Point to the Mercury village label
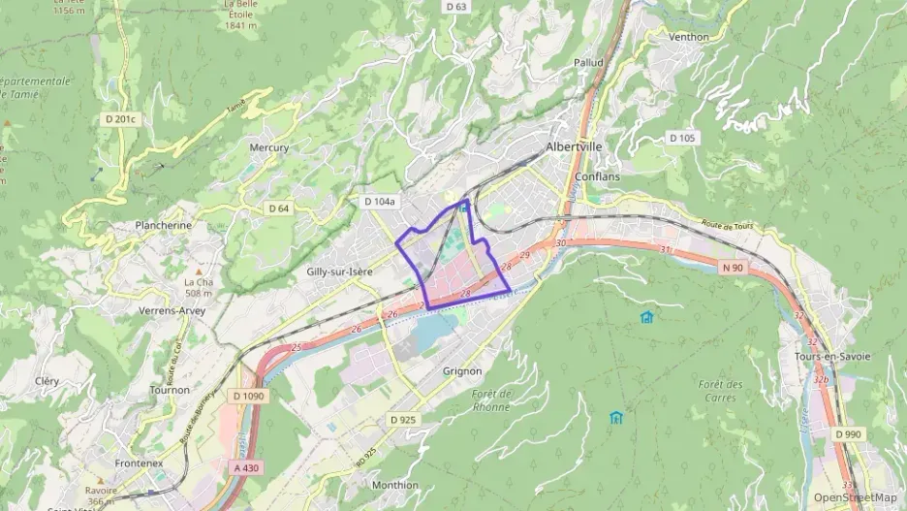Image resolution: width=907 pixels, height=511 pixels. click(269, 147)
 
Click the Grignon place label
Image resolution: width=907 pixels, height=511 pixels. click(461, 370)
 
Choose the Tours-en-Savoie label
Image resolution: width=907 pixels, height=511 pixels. click(831, 356)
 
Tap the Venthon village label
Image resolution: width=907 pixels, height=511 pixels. click(689, 37)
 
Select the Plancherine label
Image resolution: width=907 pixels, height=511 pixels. click(164, 225)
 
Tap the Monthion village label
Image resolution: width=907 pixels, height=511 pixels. click(395, 485)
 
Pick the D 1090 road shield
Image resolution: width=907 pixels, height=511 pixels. click(249, 396)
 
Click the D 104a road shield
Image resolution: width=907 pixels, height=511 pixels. click(379, 202)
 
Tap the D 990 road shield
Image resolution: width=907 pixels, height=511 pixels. click(848, 434)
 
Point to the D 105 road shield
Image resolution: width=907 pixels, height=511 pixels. click(682, 139)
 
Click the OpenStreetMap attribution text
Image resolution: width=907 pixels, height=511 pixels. click(855, 497)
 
